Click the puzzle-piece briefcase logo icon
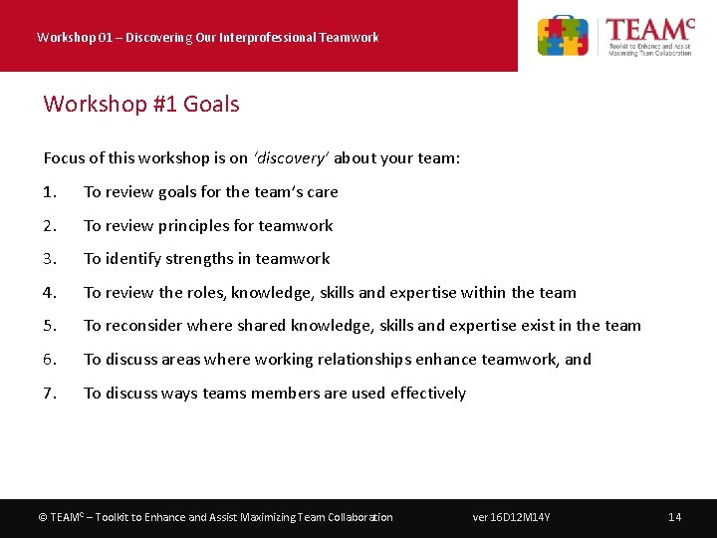(563, 36)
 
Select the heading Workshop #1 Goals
(141, 104)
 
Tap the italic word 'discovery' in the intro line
(290, 158)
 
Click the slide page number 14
(674, 517)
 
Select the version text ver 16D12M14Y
(512, 517)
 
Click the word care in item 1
(323, 192)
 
